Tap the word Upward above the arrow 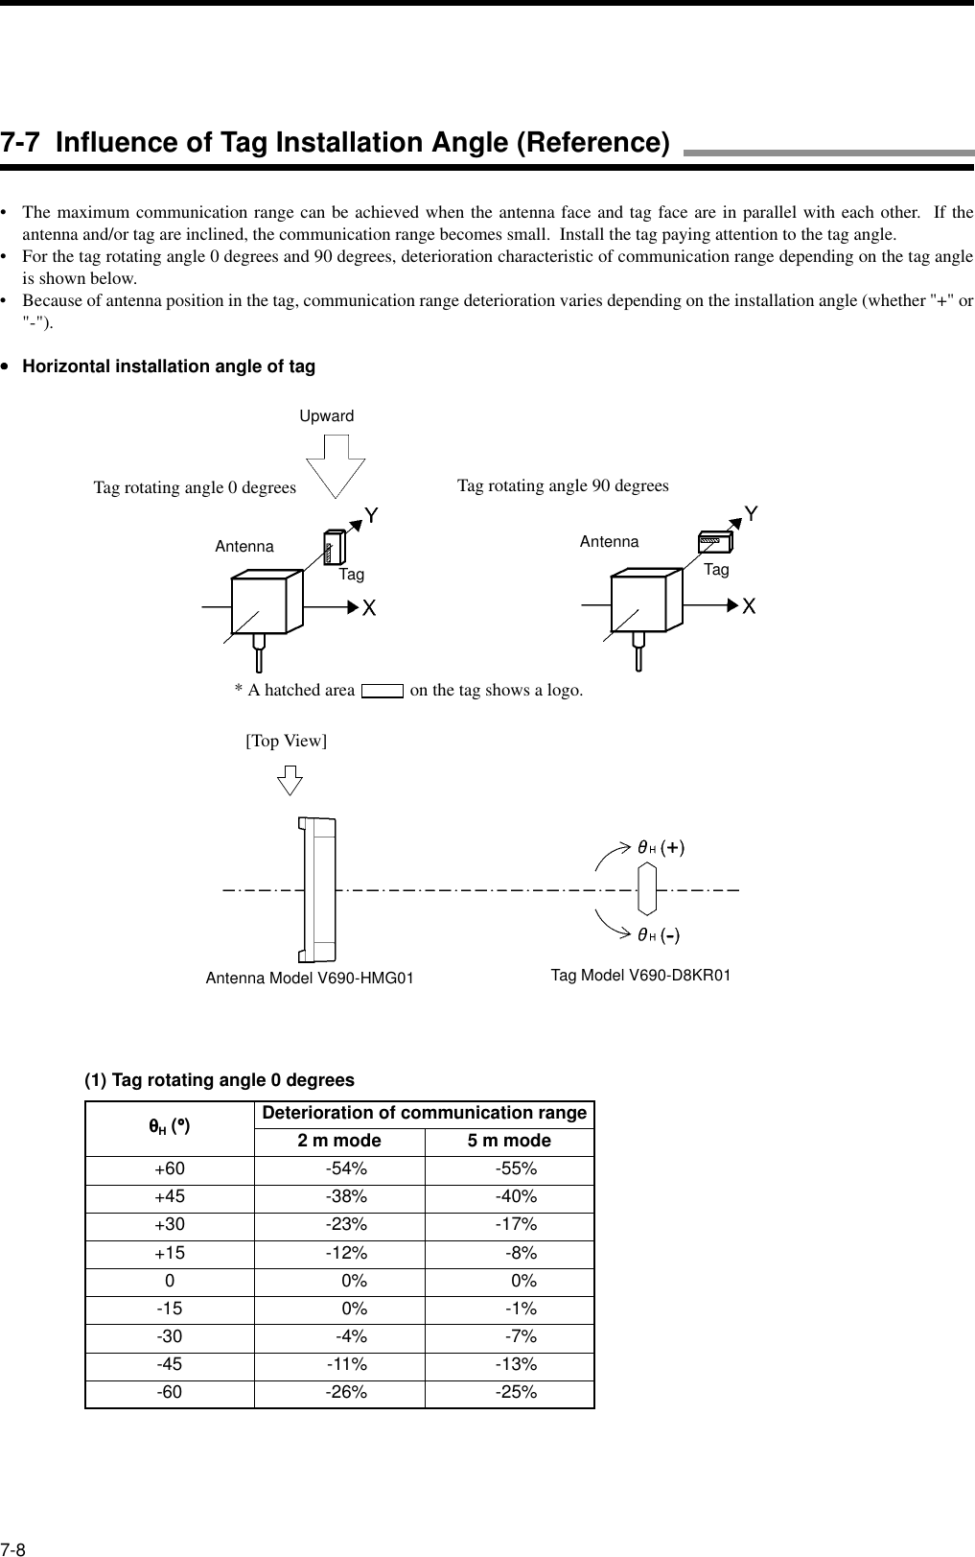coord(327,416)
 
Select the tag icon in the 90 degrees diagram coord(715,542)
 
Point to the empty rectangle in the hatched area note coord(382,691)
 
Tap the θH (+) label coord(661,847)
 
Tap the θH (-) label coord(660,934)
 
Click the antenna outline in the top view coord(317,889)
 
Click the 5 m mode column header coord(509,1141)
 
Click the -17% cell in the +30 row coord(516,1225)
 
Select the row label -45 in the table coord(170,1364)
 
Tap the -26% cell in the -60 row coord(346,1392)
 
